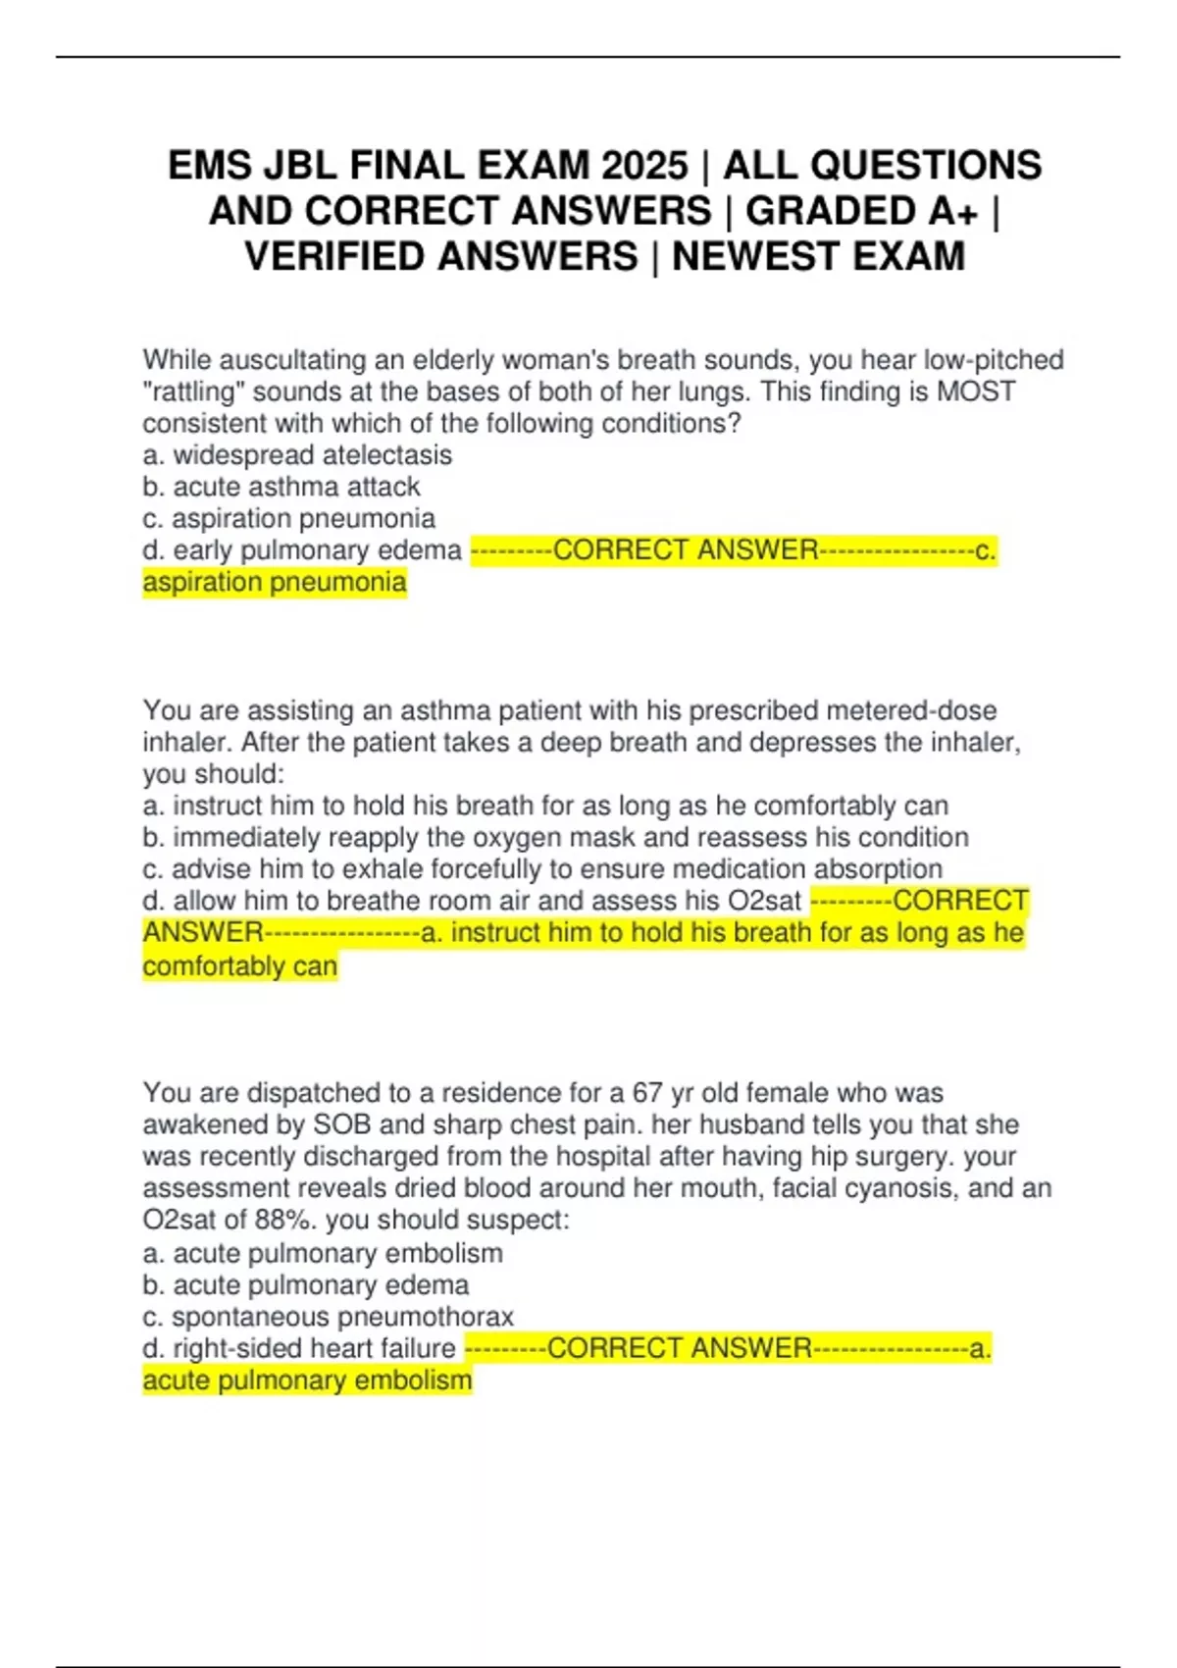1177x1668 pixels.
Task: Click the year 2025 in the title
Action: click(x=644, y=166)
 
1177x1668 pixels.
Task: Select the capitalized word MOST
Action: click(x=976, y=392)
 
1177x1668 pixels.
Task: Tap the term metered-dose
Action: click(x=911, y=710)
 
